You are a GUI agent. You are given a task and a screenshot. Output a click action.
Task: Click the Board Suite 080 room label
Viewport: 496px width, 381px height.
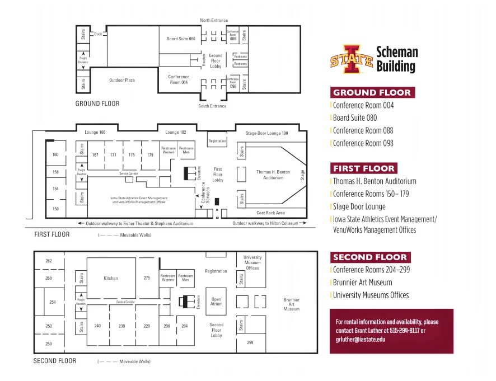tap(180, 39)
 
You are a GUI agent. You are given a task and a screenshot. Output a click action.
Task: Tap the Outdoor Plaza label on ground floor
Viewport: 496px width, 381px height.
tap(121, 81)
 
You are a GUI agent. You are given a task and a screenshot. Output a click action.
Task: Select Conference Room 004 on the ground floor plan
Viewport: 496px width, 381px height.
tap(179, 79)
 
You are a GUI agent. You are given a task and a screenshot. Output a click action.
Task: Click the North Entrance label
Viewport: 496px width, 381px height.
tap(214, 21)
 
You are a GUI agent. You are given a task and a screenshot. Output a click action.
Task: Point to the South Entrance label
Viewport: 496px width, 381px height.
tap(212, 106)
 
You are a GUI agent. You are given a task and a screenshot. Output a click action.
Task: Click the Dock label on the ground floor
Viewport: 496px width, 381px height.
tap(98, 34)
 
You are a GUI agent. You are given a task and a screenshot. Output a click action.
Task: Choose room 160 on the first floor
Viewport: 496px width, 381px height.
tap(55, 155)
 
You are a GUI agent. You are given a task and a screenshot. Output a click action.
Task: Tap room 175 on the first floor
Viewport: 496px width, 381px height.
tap(132, 155)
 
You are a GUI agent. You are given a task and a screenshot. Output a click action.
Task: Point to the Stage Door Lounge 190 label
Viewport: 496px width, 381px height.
tap(266, 133)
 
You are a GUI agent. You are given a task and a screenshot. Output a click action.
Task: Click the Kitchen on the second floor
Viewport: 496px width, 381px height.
tap(110, 278)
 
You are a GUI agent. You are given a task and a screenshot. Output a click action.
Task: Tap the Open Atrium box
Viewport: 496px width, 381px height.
tap(216, 301)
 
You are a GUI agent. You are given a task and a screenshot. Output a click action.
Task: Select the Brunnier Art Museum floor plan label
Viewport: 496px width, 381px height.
tap(291, 304)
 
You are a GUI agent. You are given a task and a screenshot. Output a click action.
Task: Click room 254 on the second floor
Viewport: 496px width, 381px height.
tap(53, 302)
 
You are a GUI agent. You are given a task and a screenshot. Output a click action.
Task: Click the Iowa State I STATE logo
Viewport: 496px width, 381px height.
tap(350, 59)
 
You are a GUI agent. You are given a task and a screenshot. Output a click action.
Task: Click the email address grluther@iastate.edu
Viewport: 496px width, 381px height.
tap(361, 339)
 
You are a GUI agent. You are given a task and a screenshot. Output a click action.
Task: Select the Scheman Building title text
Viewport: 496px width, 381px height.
tap(396, 59)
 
